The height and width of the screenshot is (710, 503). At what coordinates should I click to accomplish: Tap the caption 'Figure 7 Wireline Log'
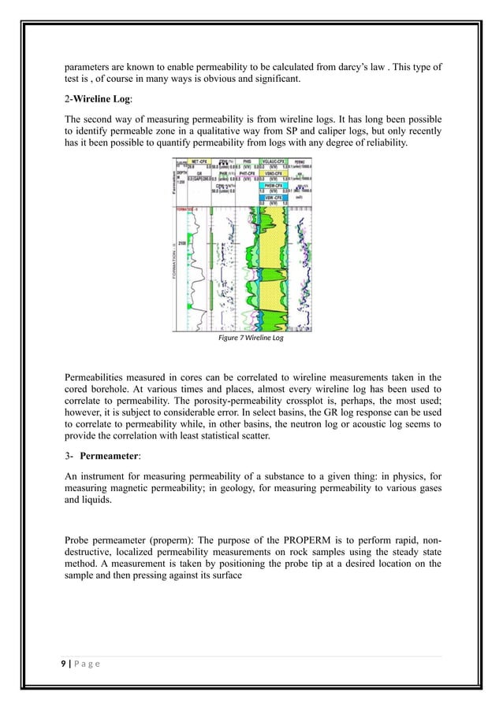(x=250, y=338)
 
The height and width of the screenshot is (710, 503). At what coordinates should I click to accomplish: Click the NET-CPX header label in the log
(x=196, y=161)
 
